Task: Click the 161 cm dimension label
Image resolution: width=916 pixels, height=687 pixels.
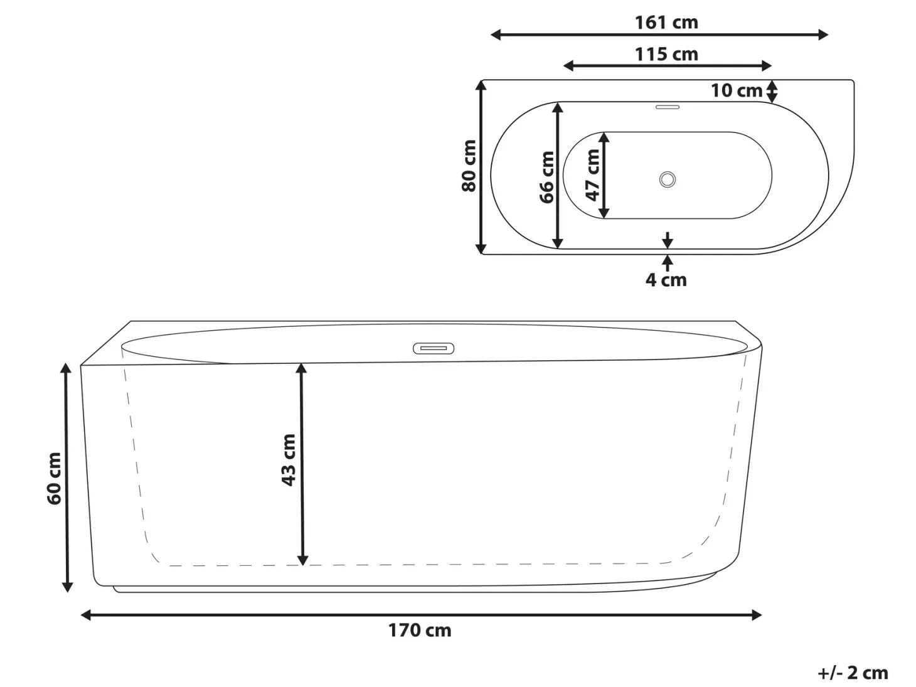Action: (x=666, y=23)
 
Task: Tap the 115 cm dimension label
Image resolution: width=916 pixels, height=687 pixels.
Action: (x=666, y=55)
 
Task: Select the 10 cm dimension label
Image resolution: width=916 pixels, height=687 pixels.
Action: (x=737, y=90)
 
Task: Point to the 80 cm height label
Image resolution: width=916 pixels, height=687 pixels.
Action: (x=469, y=166)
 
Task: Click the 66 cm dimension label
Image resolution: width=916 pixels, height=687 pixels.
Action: (x=546, y=178)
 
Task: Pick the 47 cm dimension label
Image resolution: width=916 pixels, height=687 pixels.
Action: (x=593, y=175)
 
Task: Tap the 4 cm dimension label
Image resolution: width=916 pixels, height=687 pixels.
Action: (x=666, y=280)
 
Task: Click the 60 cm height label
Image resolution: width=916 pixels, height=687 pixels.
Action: (x=54, y=479)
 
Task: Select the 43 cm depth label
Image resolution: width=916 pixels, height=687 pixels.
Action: (x=289, y=460)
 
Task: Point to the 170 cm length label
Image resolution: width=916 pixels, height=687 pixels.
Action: (x=420, y=631)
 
